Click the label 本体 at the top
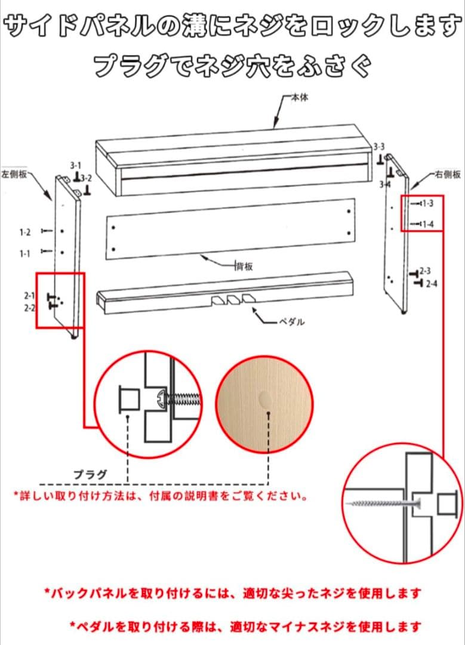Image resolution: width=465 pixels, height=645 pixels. click(300, 97)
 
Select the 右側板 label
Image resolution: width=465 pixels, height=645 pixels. click(449, 175)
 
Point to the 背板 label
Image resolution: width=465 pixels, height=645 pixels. click(244, 266)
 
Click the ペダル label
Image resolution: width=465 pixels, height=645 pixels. click(292, 322)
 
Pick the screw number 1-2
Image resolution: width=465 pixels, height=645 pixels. click(24, 232)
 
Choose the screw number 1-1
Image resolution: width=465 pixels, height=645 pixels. click(24, 254)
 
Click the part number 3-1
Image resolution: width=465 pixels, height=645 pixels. click(75, 165)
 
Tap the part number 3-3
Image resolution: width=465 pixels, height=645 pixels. click(379, 146)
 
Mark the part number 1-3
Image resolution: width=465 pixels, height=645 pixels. click(427, 204)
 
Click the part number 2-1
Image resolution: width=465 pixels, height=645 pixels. click(30, 295)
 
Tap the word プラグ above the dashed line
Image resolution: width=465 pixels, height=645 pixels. click(90, 475)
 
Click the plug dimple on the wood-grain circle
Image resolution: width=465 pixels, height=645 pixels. click(264, 398)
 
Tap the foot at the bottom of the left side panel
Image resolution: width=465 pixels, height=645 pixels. click(75, 337)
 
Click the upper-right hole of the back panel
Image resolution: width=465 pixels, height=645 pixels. click(349, 212)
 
